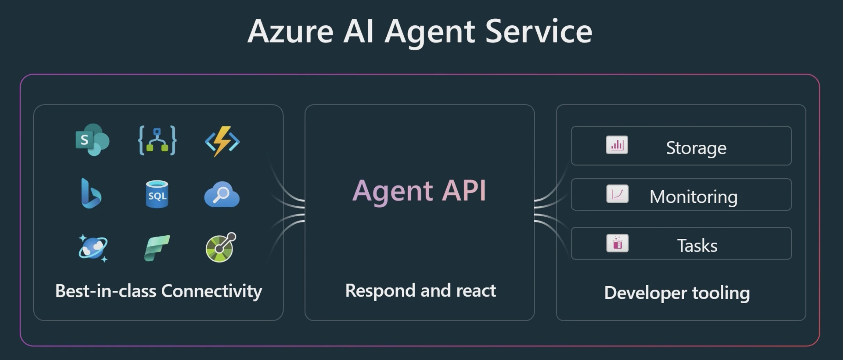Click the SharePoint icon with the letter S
coord(92,140)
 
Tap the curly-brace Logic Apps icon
coord(157,140)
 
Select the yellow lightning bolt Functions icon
coord(222,141)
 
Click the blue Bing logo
coord(91,193)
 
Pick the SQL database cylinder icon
coord(157,194)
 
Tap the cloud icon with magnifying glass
coord(222,194)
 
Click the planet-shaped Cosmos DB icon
coord(93,248)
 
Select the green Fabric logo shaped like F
coord(157,248)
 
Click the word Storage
coord(696,148)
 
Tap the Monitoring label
coord(693,197)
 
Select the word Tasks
coord(697,246)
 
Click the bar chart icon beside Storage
coord(617,145)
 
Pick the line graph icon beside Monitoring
coord(617,194)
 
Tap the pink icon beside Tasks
coord(617,243)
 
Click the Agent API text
coord(420,191)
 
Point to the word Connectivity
coord(212,291)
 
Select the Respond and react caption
coord(421,290)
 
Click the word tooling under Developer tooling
coord(721,293)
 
